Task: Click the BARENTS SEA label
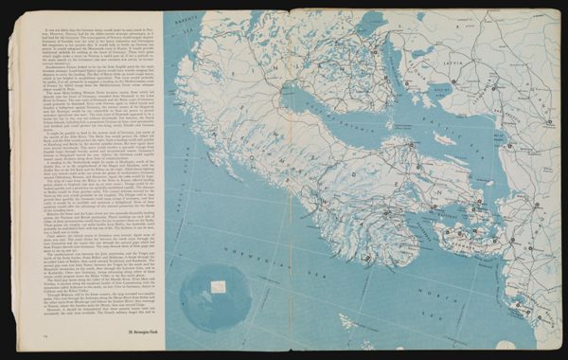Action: tap(180, 16)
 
